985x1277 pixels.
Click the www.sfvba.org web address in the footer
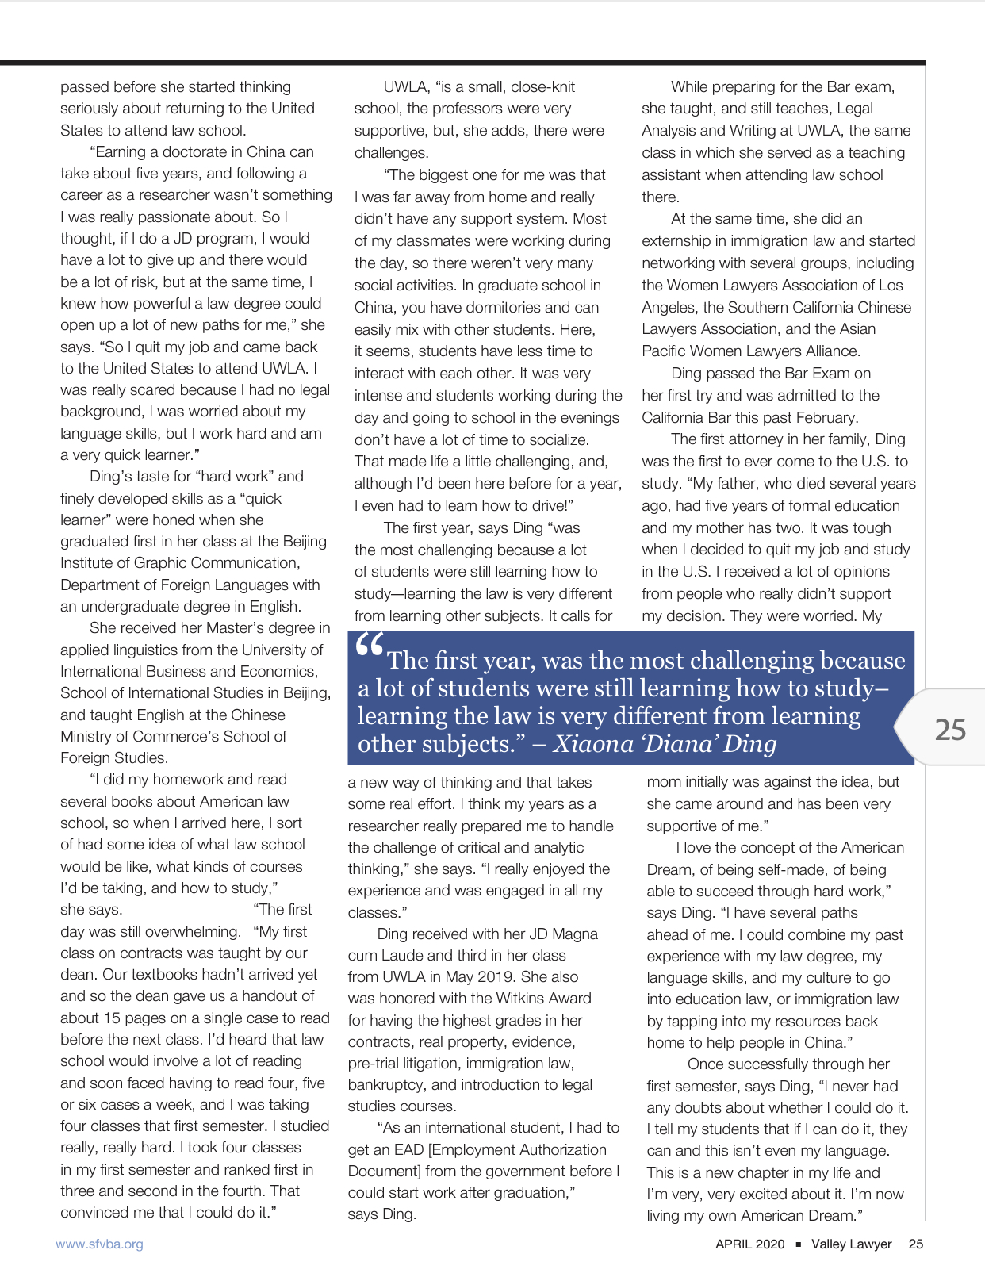coord(99,1244)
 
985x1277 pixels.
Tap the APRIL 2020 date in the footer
coord(749,1244)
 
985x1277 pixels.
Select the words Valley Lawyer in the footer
coord(851,1244)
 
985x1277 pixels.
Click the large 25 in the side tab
coord(950,729)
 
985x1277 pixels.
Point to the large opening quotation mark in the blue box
coord(370,646)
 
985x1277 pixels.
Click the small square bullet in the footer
coord(798,1244)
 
